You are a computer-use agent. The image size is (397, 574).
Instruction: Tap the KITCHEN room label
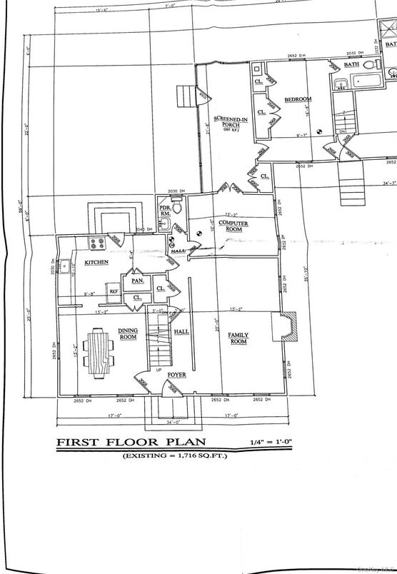pos(96,263)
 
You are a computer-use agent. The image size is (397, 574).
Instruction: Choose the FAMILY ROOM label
pos(237,338)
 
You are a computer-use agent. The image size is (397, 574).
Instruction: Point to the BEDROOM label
pos(296,99)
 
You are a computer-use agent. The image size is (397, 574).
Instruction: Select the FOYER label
pos(176,374)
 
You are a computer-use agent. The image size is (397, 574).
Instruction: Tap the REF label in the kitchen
pos(113,291)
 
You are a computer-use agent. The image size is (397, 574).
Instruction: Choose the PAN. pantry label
pos(137,281)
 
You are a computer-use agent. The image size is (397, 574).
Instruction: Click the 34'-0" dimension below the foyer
pos(170,422)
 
